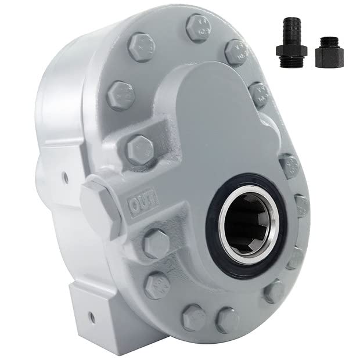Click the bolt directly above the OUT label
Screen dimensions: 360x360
pos(140,149)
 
